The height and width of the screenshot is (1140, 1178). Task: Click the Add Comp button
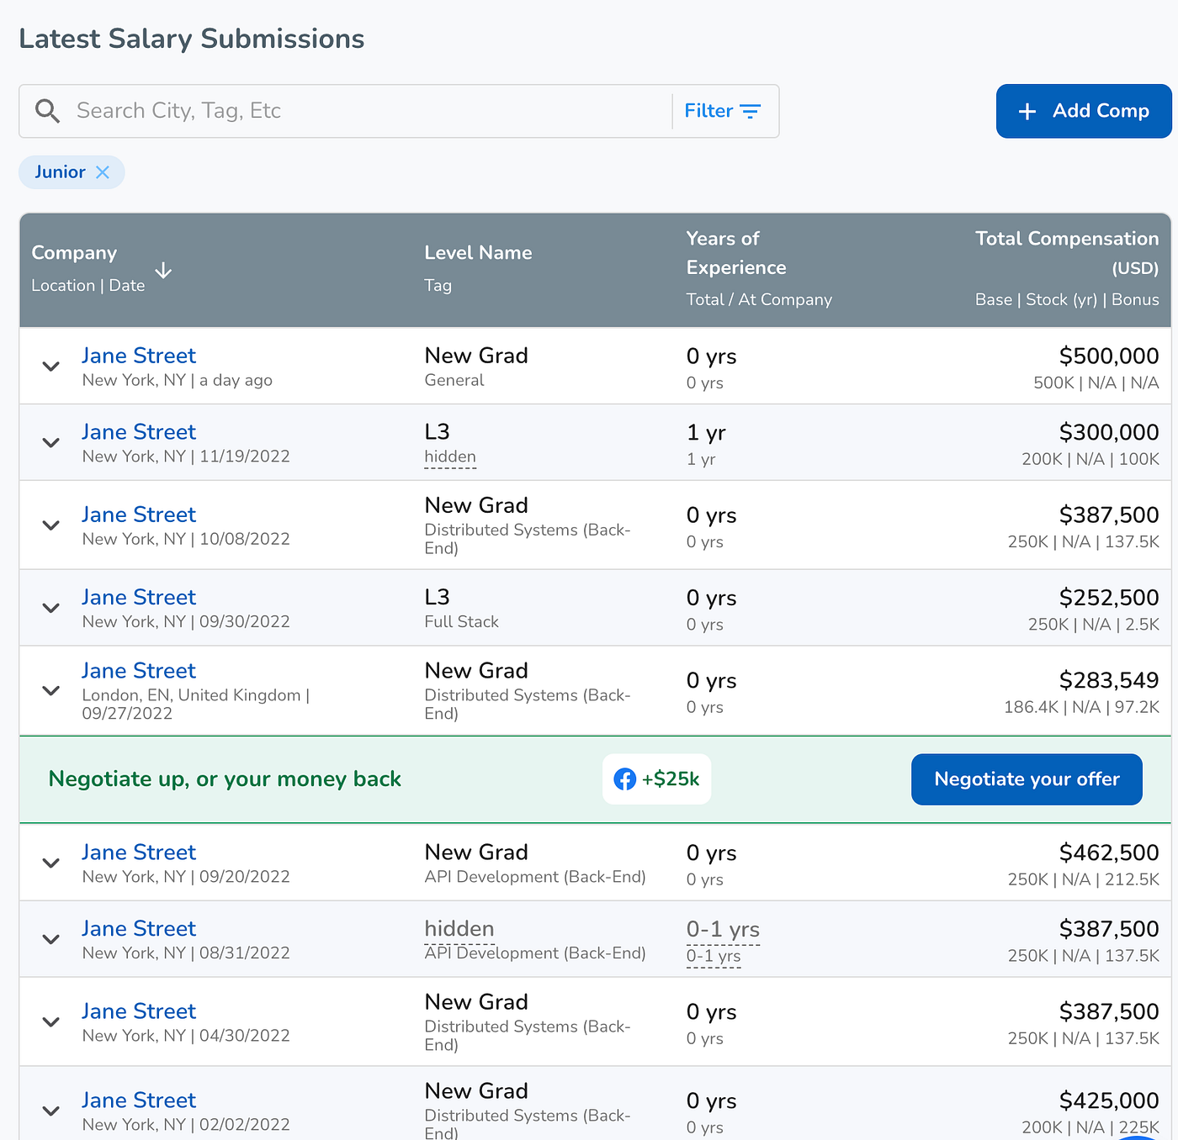click(1084, 111)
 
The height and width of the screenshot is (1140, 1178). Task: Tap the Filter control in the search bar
click(722, 111)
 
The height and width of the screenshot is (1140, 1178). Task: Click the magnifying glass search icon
click(46, 111)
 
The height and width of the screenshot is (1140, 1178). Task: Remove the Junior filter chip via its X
click(103, 172)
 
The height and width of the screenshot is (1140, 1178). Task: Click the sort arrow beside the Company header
click(163, 271)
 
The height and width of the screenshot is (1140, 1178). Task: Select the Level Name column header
click(478, 253)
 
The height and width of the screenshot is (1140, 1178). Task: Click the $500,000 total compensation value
click(1109, 356)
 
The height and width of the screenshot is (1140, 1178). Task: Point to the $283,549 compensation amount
click(1109, 680)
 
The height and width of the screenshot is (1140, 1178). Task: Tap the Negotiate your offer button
click(1027, 779)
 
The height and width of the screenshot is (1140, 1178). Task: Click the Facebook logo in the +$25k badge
click(624, 779)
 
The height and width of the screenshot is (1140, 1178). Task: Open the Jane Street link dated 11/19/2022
click(139, 432)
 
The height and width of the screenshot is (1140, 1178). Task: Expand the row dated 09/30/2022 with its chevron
click(50, 608)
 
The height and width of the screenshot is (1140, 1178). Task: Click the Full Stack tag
click(461, 622)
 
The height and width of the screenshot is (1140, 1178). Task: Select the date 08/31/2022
click(245, 953)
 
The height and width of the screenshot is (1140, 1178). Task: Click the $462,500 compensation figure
click(1109, 852)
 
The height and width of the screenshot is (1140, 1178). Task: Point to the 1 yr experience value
click(706, 432)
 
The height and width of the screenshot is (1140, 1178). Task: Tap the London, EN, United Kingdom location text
click(191, 695)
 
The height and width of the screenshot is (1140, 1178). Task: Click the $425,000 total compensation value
click(1109, 1100)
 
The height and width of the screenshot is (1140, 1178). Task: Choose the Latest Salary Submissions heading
click(191, 39)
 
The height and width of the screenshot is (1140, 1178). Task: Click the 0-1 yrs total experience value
click(723, 929)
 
